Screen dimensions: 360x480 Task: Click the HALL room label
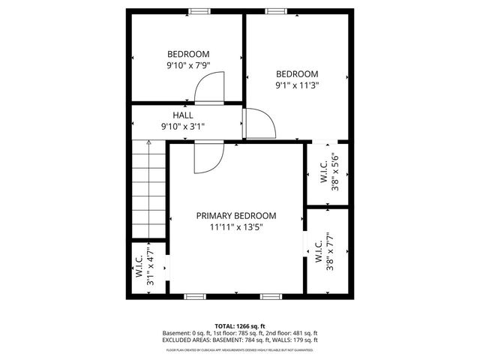(x=183, y=115)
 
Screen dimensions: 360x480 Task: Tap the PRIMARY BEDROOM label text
(x=236, y=215)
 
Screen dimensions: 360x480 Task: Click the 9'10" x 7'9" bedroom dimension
(x=187, y=66)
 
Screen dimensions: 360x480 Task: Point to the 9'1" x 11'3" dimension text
(x=297, y=85)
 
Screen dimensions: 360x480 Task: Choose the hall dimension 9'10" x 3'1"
(x=183, y=127)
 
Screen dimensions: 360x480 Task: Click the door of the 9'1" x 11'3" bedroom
(x=256, y=124)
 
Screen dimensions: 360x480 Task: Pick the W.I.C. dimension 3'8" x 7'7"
(x=330, y=255)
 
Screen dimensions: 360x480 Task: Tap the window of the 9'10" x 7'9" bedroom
(x=199, y=11)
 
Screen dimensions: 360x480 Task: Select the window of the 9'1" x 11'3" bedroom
(x=275, y=11)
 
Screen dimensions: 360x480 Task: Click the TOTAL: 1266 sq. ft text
(x=239, y=325)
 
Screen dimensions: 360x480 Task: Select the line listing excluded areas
(x=239, y=340)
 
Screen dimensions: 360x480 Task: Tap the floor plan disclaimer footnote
(x=239, y=349)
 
